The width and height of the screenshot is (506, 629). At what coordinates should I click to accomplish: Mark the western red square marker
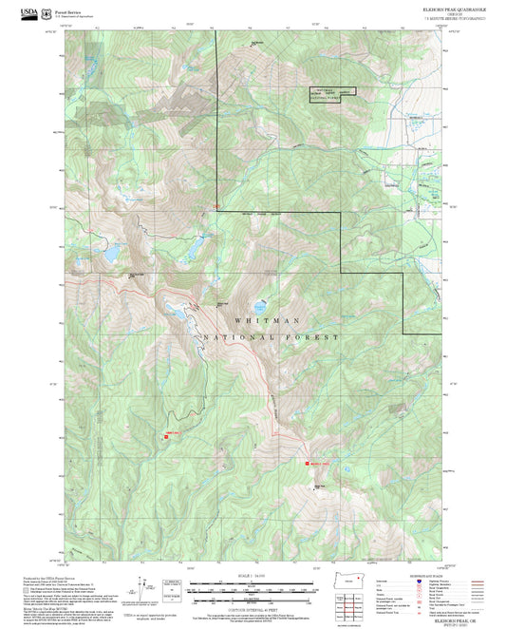coord(167,437)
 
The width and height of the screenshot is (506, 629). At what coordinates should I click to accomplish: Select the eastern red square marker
coord(307,464)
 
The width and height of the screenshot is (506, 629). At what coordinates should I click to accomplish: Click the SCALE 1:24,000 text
coord(253,576)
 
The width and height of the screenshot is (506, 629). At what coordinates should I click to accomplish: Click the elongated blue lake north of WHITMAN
coord(177,308)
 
